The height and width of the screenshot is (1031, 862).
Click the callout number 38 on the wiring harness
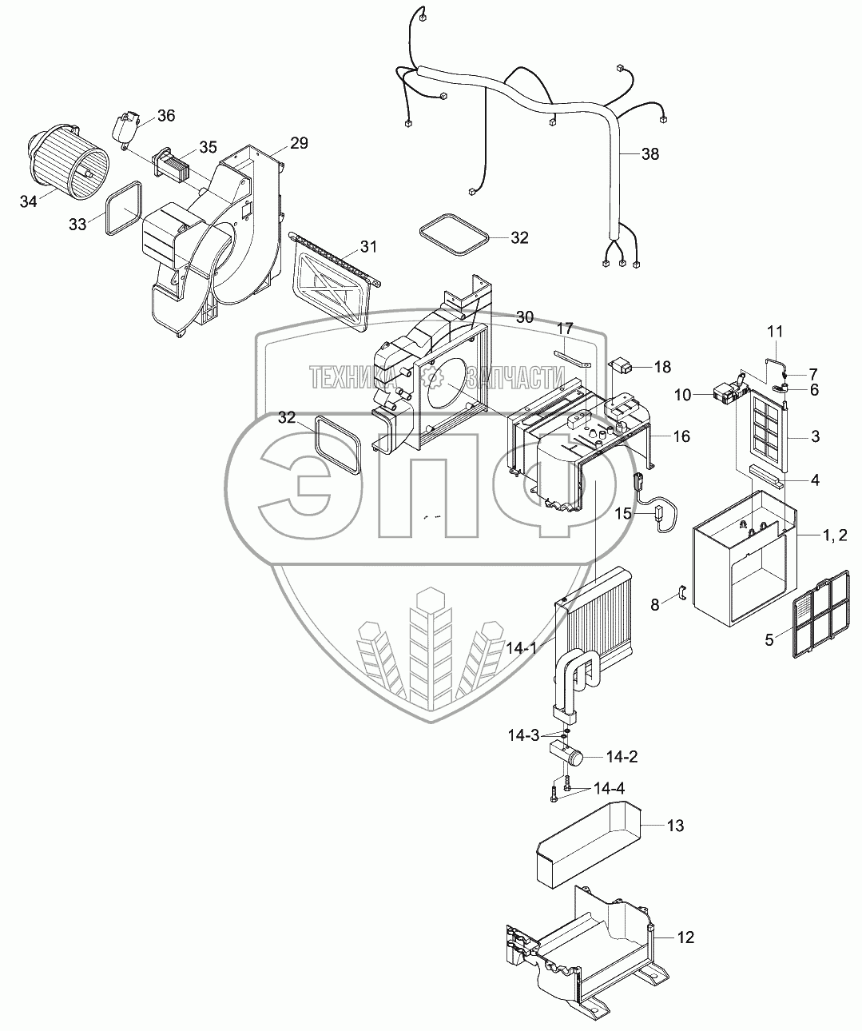650,154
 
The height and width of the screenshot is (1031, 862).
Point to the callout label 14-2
622,755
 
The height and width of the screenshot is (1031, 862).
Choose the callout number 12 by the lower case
685,937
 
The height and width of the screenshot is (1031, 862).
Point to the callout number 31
367,246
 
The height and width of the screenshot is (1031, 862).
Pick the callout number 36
165,116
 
